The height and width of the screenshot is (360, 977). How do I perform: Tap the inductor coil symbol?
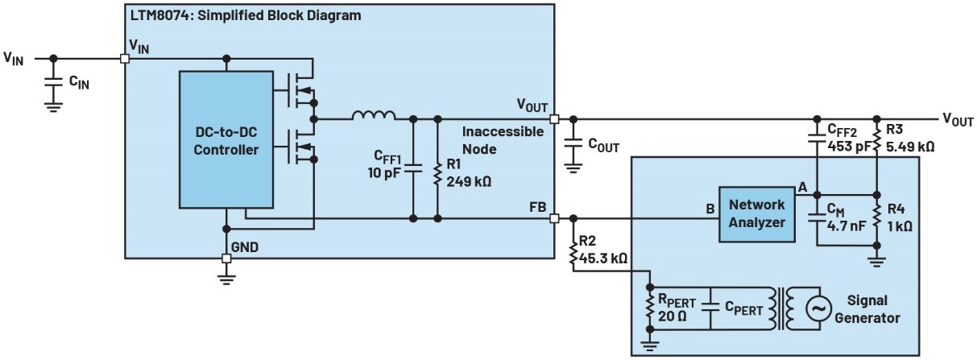(373, 117)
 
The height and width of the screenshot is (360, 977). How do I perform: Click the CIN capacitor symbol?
(54, 83)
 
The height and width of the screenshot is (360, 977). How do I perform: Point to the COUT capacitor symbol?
(573, 143)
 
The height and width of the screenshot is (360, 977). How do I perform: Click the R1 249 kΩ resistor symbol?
(437, 172)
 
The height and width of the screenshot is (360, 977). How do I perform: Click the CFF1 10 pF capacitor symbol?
(413, 168)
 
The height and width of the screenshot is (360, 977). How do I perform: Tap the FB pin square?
(553, 218)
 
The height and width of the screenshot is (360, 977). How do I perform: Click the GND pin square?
(226, 259)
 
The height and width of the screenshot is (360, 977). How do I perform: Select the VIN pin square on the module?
(125, 58)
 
